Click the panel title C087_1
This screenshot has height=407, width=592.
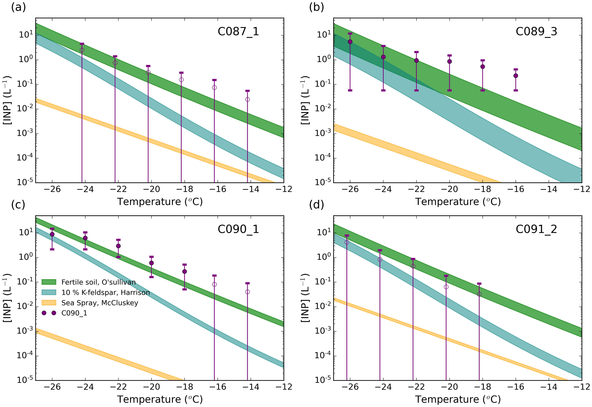238,32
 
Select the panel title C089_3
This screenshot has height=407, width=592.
536,32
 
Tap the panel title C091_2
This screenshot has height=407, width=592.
536,229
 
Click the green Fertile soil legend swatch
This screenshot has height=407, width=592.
49,282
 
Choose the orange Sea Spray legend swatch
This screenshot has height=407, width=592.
49,303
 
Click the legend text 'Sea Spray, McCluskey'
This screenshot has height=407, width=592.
100,303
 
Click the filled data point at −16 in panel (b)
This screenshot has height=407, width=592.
515,76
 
